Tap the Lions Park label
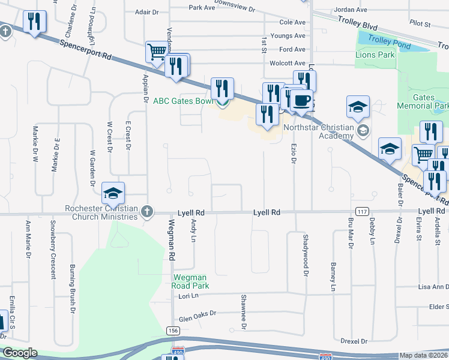click(375, 55)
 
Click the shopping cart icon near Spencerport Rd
click(156, 52)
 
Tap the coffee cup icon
click(303, 100)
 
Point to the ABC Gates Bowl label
click(183, 101)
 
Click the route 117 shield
click(362, 212)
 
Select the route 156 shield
click(172, 331)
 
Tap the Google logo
click(20, 353)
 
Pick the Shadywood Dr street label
click(306, 254)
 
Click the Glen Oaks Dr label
click(197, 317)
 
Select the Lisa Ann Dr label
click(428, 287)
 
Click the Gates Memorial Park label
click(423, 101)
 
